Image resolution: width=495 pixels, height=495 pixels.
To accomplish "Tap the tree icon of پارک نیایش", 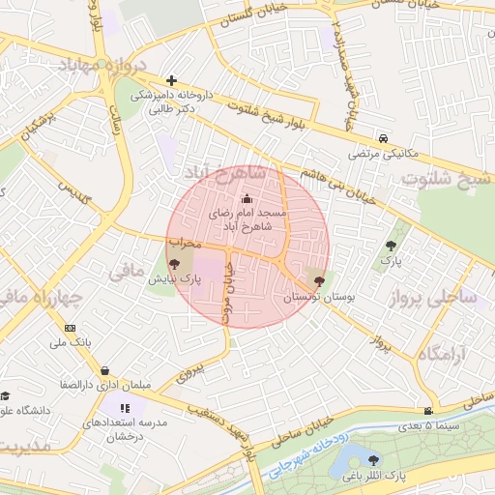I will point(174,263).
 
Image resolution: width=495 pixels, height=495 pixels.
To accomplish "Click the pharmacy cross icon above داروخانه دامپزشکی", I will point(171,81).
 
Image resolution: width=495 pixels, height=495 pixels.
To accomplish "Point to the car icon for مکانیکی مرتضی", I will point(385,138).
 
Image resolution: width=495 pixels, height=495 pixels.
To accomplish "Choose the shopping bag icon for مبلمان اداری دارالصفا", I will point(104,370).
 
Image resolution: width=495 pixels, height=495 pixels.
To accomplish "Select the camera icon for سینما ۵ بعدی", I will point(428,411).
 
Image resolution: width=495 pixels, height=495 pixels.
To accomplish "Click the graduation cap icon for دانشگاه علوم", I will point(5,396).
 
